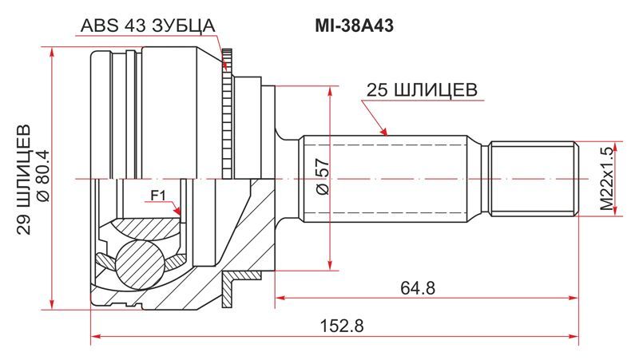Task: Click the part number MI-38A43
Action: click(x=354, y=26)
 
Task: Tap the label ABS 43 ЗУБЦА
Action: click(x=147, y=26)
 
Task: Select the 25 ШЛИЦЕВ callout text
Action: click(x=422, y=90)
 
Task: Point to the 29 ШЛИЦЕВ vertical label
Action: click(x=25, y=179)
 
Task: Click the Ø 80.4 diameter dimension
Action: click(x=43, y=176)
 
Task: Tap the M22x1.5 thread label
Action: click(x=607, y=179)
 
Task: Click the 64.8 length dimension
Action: click(x=418, y=288)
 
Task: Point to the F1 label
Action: click(x=158, y=196)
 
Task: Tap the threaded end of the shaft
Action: click(x=534, y=178)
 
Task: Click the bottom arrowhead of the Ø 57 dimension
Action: click(x=329, y=264)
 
